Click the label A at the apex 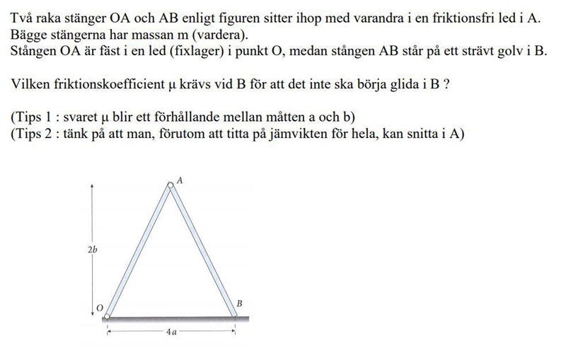(180, 181)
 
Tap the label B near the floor (240, 303)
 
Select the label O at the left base (99, 307)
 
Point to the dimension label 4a (171, 331)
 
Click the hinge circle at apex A (170, 186)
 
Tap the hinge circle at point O (108, 315)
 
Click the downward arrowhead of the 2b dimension (92, 313)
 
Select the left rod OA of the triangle (139, 251)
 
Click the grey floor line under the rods (177, 319)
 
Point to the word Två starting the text (22, 19)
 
